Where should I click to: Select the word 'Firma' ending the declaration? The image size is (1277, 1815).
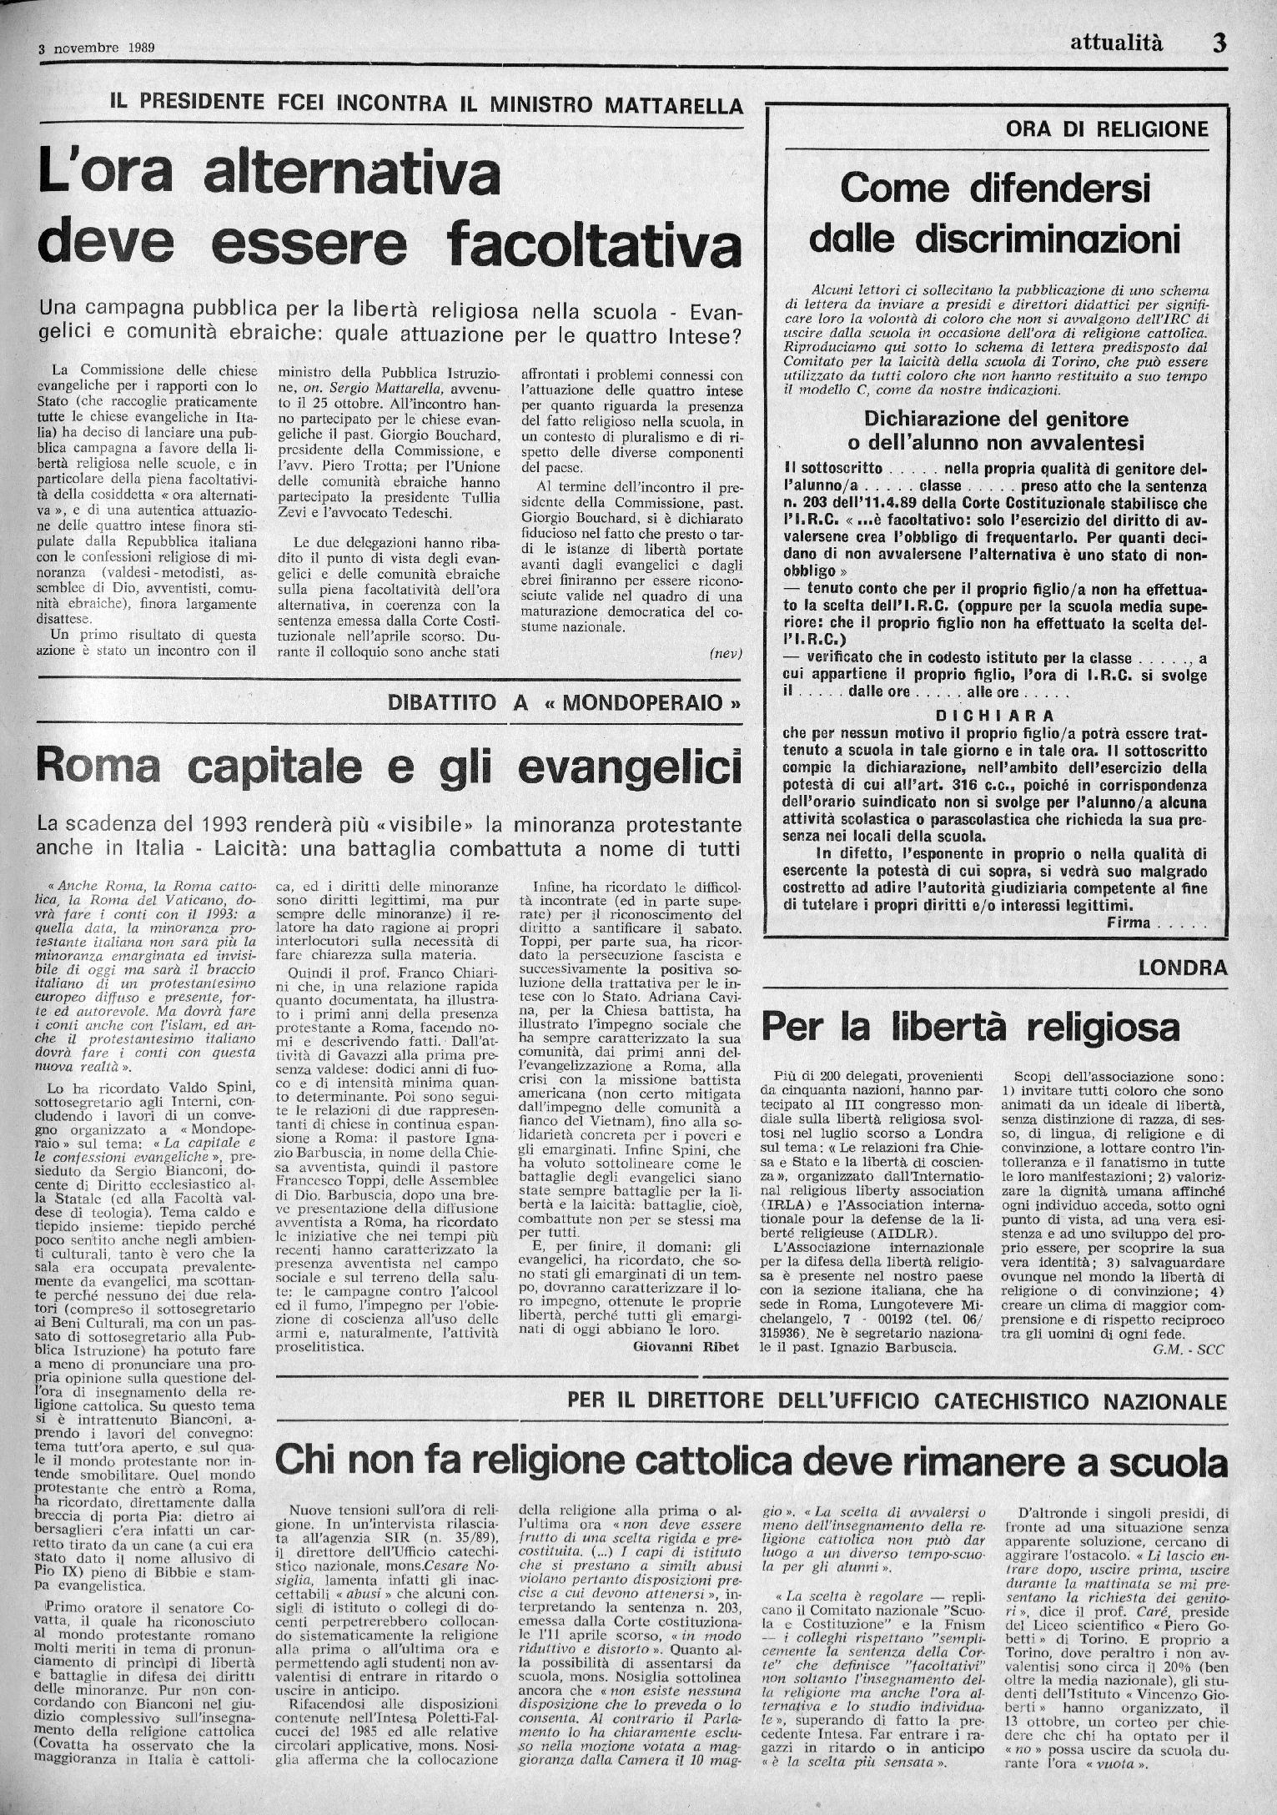(x=1129, y=922)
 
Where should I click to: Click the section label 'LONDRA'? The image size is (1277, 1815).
(x=1182, y=968)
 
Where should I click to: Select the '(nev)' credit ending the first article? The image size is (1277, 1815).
(x=725, y=653)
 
